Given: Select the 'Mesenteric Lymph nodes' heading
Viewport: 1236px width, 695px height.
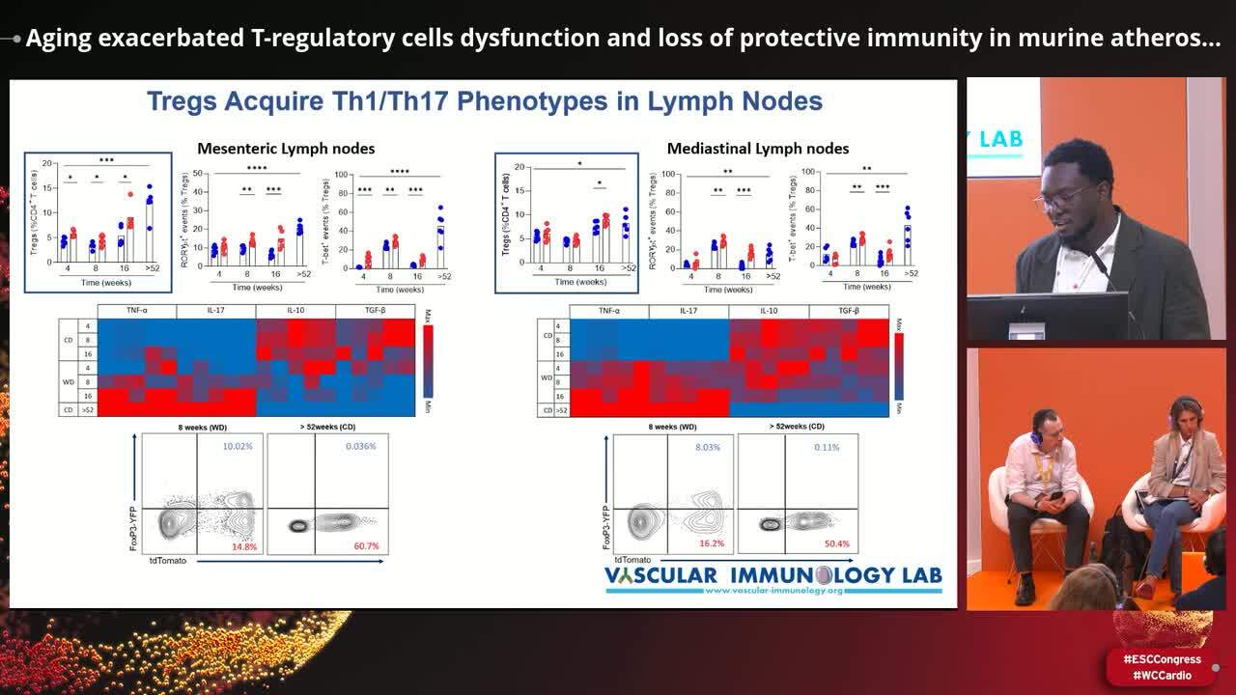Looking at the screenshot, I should click(x=286, y=148).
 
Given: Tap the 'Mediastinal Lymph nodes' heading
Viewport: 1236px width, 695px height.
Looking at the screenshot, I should click(x=758, y=148).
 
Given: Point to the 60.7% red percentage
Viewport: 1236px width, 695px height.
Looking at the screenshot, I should click(x=366, y=546).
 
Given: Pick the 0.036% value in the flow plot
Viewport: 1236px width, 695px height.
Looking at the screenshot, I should click(x=360, y=446).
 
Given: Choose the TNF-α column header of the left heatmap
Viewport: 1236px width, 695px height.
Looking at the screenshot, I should click(x=137, y=311).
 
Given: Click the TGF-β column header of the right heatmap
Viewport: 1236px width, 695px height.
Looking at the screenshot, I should click(x=848, y=311).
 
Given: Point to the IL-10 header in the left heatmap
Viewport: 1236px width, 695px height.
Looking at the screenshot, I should click(x=295, y=311).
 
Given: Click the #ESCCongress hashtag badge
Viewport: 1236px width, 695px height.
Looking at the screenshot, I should click(x=1162, y=659).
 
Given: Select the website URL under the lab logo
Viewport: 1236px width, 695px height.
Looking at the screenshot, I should click(x=773, y=590).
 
